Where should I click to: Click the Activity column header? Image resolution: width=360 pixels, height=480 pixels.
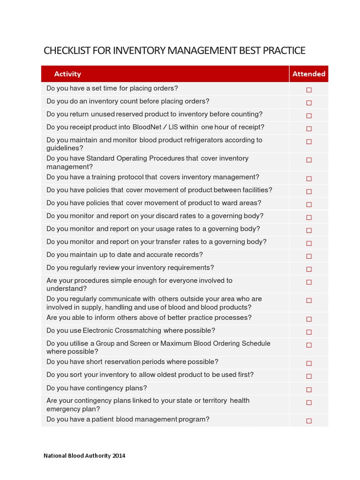click(x=67, y=74)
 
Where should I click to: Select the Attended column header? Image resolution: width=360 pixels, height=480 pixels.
click(x=308, y=74)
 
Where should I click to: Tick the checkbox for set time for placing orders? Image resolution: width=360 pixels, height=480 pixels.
click(x=309, y=90)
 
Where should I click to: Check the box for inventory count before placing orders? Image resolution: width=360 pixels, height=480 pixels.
click(x=309, y=103)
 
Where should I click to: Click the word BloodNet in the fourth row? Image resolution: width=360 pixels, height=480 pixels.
click(x=147, y=127)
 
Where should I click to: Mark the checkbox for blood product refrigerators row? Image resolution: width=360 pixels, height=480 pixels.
click(x=309, y=142)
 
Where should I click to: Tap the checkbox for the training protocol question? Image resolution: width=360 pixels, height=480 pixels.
click(x=309, y=179)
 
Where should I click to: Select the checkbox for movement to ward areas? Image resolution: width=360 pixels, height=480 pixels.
click(x=309, y=204)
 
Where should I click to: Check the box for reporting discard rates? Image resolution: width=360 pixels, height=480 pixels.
click(x=309, y=217)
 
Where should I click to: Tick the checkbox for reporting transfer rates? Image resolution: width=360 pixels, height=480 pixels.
click(x=309, y=243)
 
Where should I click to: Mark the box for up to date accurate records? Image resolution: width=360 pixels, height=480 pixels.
click(x=309, y=256)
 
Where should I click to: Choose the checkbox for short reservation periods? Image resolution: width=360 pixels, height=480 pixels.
click(x=309, y=363)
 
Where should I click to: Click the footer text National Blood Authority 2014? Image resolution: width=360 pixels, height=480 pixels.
click(x=84, y=455)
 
